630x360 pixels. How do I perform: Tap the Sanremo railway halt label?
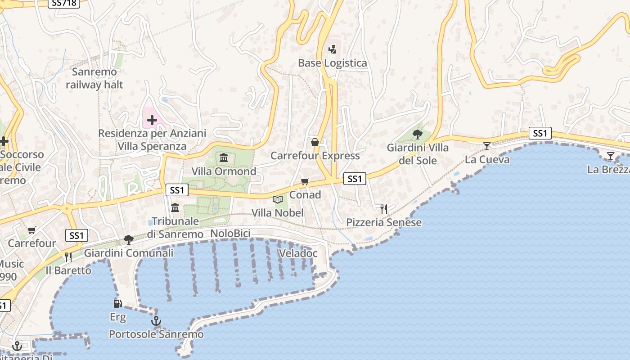click(94, 78)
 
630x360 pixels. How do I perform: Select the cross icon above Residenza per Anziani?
click(152, 120)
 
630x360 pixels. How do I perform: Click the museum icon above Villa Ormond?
click(224, 157)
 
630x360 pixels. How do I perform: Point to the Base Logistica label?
click(333, 63)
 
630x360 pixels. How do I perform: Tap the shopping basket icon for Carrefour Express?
click(315, 142)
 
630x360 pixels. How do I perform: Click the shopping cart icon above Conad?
click(305, 181)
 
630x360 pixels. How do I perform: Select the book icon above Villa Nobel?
click(278, 199)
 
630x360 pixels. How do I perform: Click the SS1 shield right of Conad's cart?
click(355, 179)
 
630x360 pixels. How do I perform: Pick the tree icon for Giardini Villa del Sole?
click(418, 134)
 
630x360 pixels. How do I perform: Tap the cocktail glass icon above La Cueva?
click(487, 146)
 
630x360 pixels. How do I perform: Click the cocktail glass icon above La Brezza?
click(610, 156)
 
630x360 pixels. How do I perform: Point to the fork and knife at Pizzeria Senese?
click(384, 209)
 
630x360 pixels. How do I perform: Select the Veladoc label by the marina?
click(298, 253)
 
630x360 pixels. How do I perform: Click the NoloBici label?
click(230, 234)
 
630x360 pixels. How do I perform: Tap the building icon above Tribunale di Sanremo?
click(175, 207)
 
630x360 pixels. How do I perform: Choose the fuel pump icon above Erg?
click(117, 304)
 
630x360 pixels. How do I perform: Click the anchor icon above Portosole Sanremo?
click(156, 321)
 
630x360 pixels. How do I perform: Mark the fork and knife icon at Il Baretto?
click(68, 257)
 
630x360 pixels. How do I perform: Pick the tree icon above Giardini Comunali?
click(129, 239)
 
